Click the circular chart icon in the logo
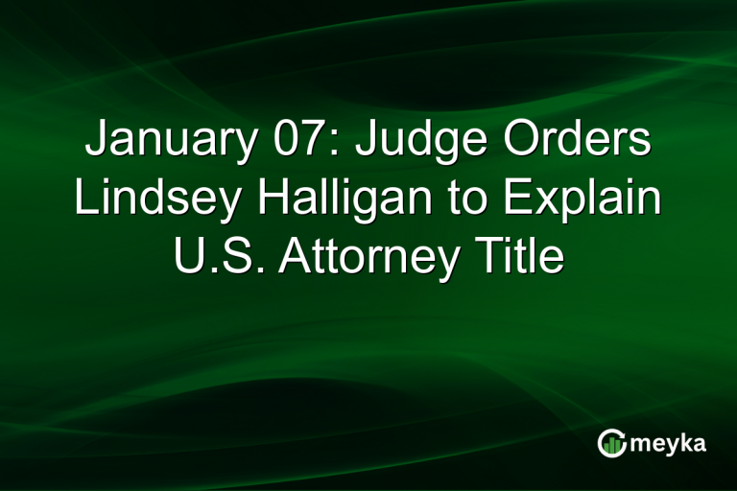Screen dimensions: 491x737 pos(610,443)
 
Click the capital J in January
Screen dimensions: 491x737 pos(96,142)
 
